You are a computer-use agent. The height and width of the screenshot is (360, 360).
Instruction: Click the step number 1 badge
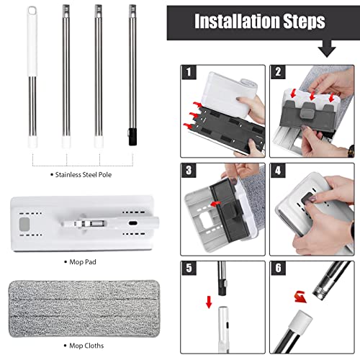point(189,72)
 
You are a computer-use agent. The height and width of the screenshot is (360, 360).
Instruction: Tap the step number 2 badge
point(278,72)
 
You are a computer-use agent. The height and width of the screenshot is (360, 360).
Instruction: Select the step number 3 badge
point(189,171)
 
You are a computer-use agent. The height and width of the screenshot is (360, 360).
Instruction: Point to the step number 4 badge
point(278,171)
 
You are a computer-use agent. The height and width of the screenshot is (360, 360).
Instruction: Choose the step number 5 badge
point(189,269)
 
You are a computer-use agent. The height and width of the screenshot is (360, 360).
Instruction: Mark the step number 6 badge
point(278,269)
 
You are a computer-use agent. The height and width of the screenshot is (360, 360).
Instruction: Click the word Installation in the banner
point(237,21)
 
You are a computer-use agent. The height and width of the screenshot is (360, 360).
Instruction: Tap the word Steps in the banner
point(305,22)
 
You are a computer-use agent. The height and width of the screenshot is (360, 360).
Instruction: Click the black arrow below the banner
point(327,48)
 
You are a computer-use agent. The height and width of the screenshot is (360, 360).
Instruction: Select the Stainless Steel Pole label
point(84,175)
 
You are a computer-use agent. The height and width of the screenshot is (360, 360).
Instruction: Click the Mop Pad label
point(83,262)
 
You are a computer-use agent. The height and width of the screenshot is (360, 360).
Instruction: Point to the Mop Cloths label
point(86,346)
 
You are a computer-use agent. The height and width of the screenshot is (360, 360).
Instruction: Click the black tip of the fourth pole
point(132,137)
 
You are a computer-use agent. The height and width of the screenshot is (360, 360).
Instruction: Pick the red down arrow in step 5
point(209,302)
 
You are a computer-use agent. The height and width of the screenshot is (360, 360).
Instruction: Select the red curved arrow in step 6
point(301,297)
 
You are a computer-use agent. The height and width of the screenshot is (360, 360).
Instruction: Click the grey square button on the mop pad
point(24,224)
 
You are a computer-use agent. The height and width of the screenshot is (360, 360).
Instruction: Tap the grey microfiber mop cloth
point(84,309)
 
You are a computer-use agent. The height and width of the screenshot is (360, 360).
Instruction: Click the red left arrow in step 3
point(215,204)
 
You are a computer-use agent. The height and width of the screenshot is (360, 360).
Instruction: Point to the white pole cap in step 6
point(301,320)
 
